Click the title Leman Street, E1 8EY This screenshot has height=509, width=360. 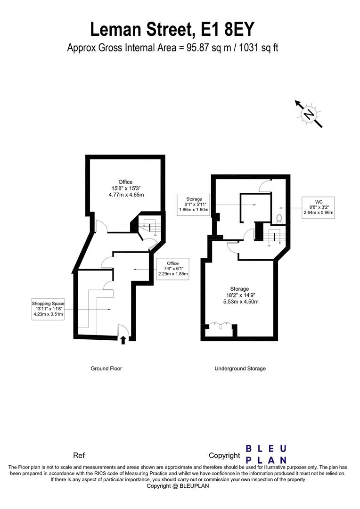172,30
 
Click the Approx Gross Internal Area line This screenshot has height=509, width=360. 172,48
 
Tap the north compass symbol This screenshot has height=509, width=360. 309,114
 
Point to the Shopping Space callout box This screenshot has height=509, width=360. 48,309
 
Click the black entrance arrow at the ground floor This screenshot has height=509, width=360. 123,340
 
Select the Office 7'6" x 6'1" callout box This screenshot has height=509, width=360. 172,269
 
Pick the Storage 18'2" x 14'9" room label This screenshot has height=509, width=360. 240,296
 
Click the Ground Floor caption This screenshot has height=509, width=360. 106,369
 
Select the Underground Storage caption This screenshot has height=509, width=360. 240,369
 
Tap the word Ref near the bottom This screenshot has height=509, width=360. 79,456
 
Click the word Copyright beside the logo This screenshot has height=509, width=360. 224,456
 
